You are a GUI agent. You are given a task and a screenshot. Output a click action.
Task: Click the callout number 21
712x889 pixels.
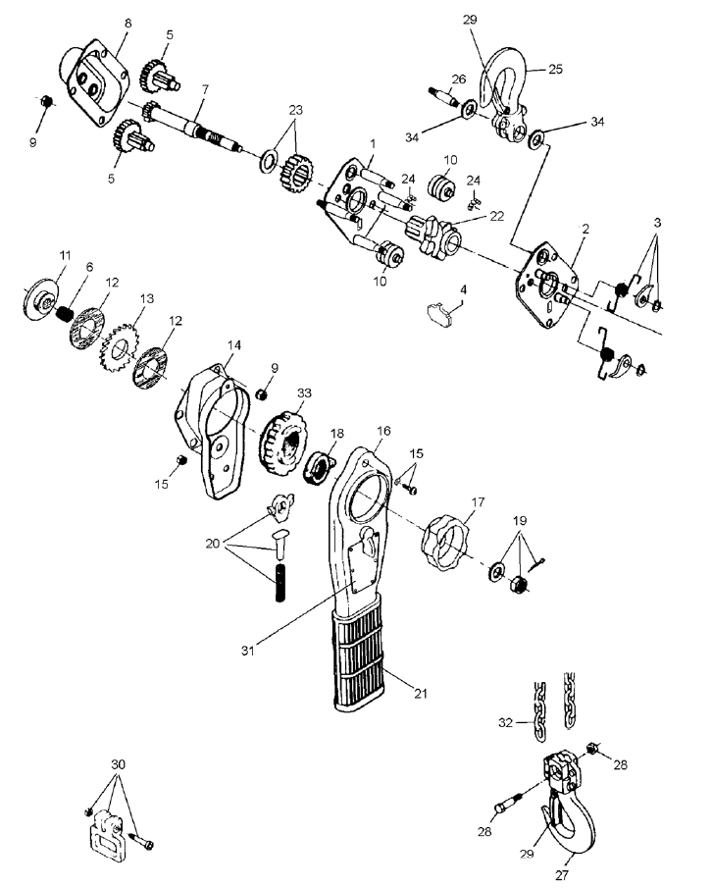pos(420,693)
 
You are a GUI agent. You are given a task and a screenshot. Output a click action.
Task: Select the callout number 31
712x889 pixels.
pos(248,651)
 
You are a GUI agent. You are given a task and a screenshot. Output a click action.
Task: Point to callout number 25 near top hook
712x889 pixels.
pos(555,69)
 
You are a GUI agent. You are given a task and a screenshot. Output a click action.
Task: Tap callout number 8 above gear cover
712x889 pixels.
pos(127,24)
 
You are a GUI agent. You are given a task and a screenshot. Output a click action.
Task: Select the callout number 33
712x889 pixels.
pos(304,392)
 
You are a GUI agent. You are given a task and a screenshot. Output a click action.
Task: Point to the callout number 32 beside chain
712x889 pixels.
pos(506,722)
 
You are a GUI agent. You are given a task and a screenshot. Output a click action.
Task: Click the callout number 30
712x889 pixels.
pos(118,764)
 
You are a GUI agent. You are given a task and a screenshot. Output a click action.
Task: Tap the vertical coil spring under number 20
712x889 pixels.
pos(280,583)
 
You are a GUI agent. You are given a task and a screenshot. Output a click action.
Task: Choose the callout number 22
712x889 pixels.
pos(496,216)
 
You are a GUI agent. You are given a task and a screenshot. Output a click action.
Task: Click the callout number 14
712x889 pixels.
pos(234,345)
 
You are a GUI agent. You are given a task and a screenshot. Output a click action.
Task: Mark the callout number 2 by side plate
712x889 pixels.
pos(585,229)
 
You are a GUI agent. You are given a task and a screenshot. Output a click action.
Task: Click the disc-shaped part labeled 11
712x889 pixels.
pos(41,299)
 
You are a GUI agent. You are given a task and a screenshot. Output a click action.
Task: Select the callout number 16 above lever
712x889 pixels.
pos(383,431)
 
